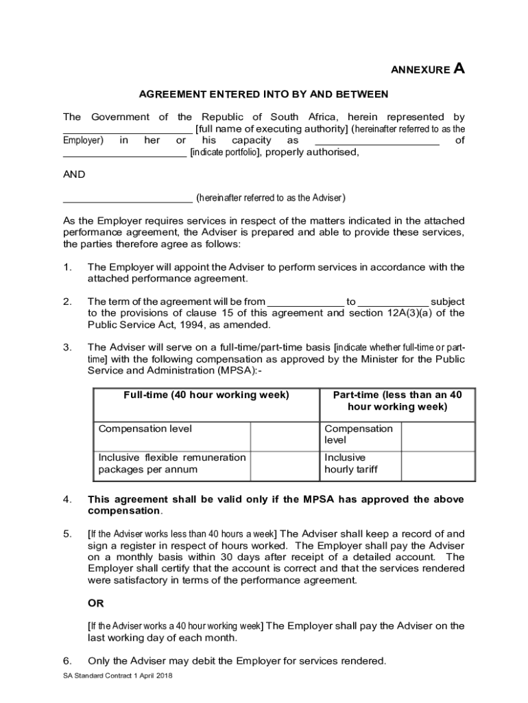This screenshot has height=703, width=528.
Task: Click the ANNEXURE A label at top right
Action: (x=427, y=69)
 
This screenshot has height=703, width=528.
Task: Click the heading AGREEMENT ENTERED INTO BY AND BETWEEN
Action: (x=264, y=94)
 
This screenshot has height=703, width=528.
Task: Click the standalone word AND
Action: (x=74, y=174)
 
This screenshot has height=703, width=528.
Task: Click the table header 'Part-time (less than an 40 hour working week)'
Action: (x=397, y=401)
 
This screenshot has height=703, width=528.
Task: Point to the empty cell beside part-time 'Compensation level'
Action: (x=437, y=435)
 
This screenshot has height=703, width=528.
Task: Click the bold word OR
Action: (x=95, y=603)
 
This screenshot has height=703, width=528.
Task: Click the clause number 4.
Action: (x=67, y=500)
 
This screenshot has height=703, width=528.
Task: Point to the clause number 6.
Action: (x=67, y=661)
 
